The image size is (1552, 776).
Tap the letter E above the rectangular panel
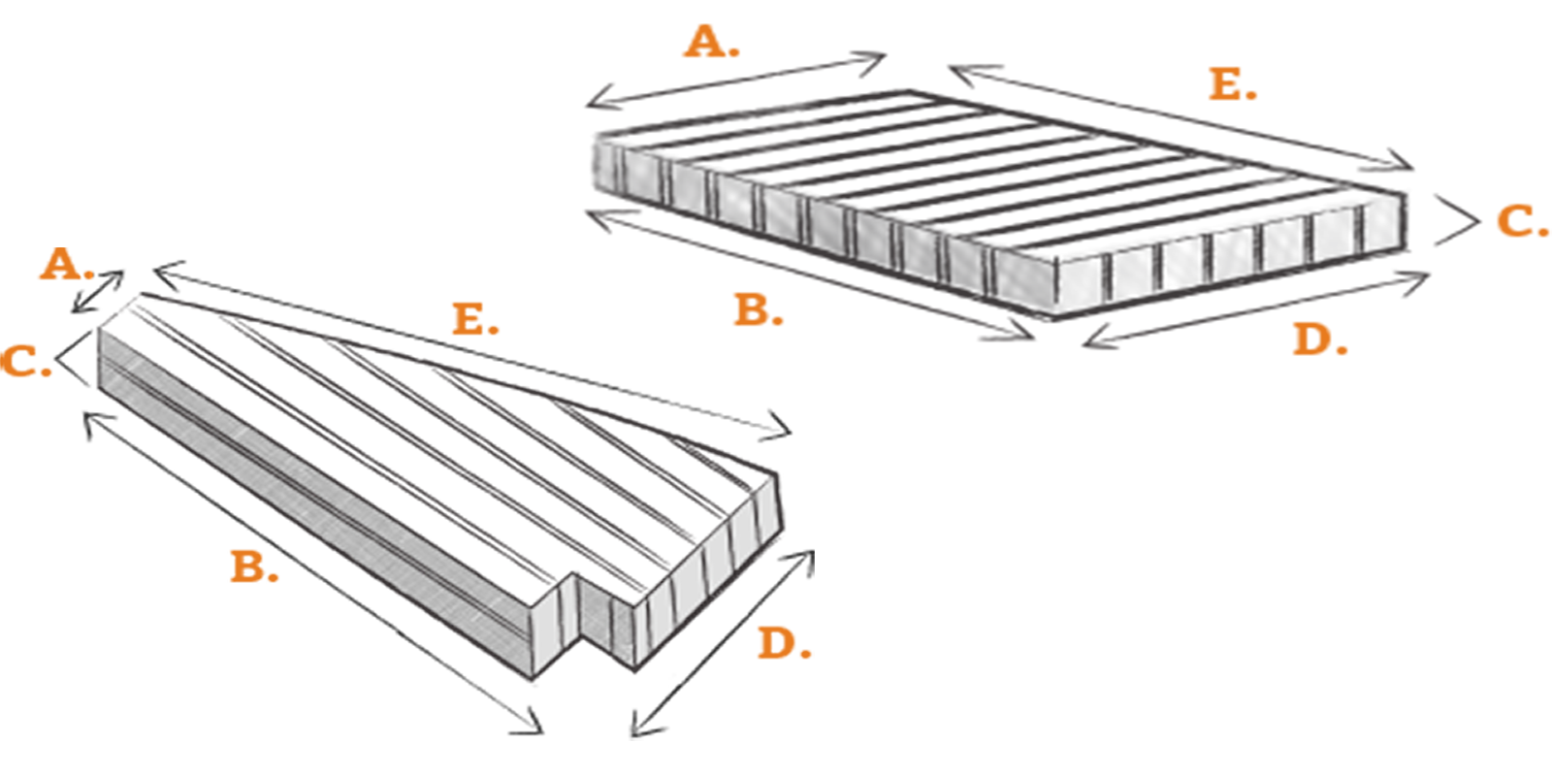coord(1226,84)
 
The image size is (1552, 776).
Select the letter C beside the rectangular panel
coord(1516,222)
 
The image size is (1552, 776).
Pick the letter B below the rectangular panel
coord(752,309)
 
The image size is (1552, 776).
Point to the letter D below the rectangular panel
coord(1313,340)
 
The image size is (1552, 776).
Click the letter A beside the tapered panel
coord(61,264)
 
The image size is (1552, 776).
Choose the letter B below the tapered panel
coord(248,566)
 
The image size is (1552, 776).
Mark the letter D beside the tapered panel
coord(778,642)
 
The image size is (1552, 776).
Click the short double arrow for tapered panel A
coord(98,292)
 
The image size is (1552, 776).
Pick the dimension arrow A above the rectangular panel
coord(736,80)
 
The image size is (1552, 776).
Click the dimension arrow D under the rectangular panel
coord(1255,309)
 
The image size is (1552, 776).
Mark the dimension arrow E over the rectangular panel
coord(1180,117)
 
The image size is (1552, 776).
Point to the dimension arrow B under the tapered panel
coord(313,572)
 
